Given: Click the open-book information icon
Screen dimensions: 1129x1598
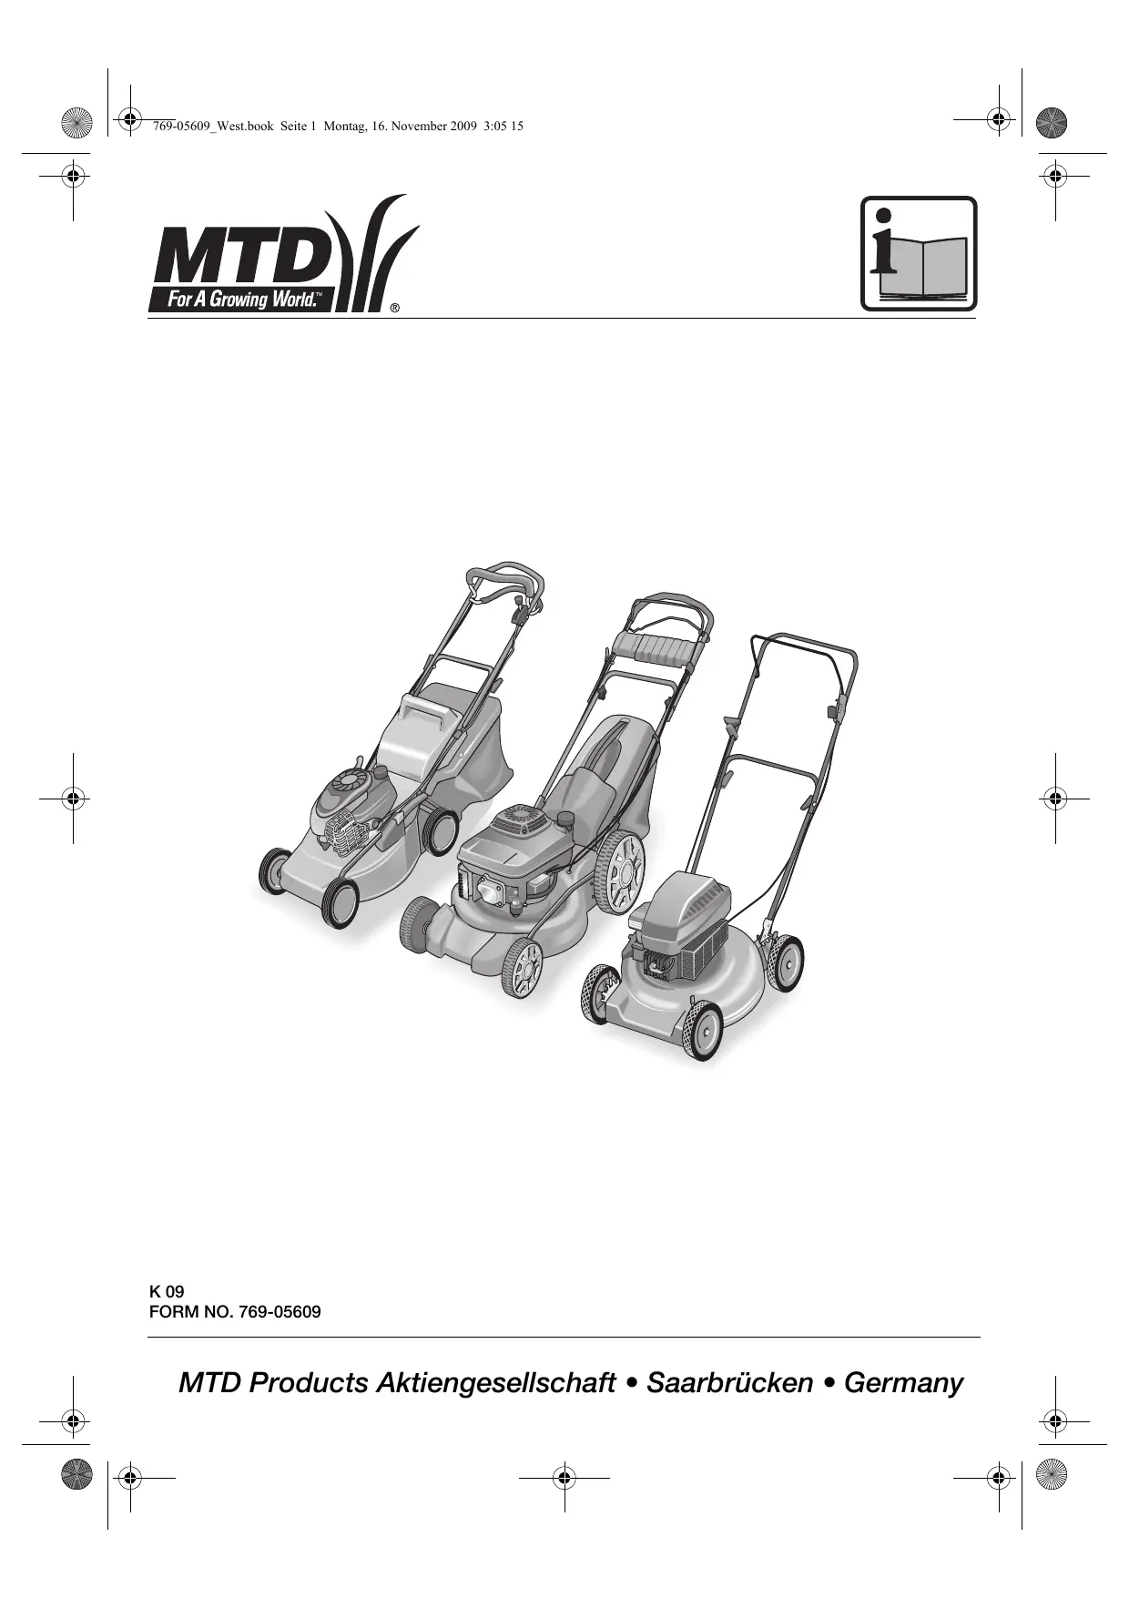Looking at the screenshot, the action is (x=919, y=254).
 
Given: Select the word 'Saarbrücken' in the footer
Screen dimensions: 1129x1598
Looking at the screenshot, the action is (x=729, y=1383).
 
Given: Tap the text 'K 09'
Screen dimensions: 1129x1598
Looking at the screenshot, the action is (x=167, y=1291).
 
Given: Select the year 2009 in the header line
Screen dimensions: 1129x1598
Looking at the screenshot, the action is (x=463, y=127).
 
